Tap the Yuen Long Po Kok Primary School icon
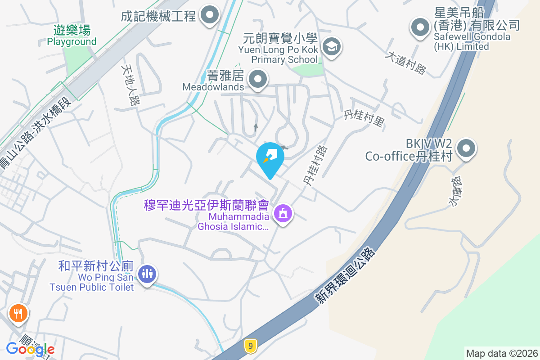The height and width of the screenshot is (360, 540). point(332,46)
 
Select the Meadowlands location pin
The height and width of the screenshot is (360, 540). point(258,79)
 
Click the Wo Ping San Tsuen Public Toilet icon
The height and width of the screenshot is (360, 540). point(147,273)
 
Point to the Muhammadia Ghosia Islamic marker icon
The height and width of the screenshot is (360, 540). point(283,214)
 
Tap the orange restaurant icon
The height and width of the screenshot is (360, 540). point(18,313)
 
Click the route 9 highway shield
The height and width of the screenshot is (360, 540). point(251,346)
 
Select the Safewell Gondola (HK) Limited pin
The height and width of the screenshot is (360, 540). point(420,27)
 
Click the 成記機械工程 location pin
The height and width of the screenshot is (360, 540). point(209,16)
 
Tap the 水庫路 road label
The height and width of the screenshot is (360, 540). point(456,191)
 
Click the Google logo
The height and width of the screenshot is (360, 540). point(30,349)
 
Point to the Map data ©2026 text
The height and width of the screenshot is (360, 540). point(501,353)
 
